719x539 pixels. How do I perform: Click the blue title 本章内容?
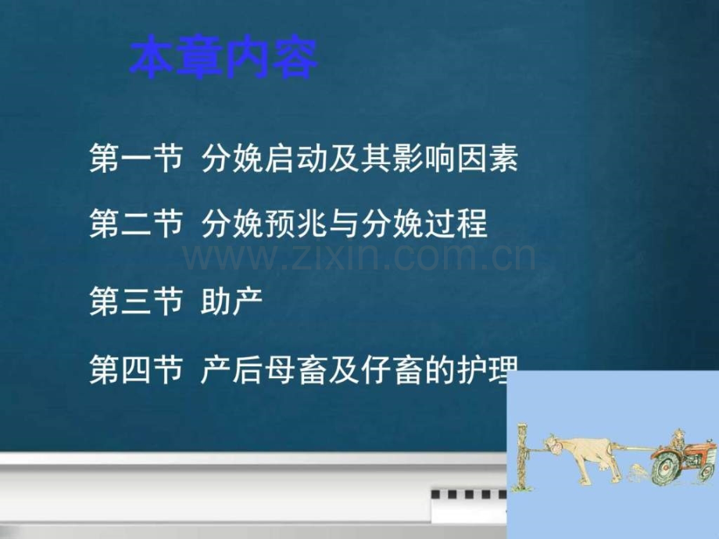pyautogui.click(x=224, y=58)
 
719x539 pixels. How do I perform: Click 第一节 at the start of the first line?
pyautogui.click(x=137, y=159)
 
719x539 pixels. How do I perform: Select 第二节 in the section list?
pyautogui.click(x=137, y=223)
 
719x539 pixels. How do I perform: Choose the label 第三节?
pyautogui.click(x=137, y=301)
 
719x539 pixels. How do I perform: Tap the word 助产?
pyautogui.click(x=232, y=301)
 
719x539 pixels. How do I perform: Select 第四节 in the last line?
pyautogui.click(x=137, y=369)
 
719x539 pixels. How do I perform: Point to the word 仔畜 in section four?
pyautogui.click(x=391, y=369)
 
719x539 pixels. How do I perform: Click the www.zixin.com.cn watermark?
pyautogui.click(x=359, y=257)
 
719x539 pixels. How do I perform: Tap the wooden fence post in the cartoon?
pyautogui.click(x=522, y=456)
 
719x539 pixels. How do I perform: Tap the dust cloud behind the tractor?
pyautogui.click(x=636, y=472)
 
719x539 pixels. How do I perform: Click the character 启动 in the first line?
pyautogui.click(x=295, y=159)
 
